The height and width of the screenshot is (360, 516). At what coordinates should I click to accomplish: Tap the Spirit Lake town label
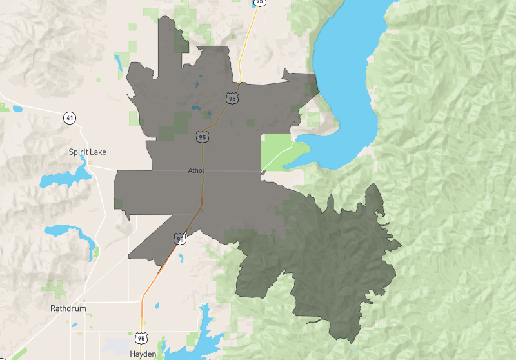coord(87,152)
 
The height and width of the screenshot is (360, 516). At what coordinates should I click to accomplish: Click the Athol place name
coord(195,171)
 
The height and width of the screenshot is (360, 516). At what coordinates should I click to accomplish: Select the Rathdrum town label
coord(68,308)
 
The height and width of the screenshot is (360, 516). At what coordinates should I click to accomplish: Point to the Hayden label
coord(143,354)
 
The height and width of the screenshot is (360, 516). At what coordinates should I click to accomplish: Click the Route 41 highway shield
coord(69,117)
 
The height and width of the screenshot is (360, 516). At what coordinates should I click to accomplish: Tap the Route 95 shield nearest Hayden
coord(141,337)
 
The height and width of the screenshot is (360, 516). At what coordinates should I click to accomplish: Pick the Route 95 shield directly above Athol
coord(203,137)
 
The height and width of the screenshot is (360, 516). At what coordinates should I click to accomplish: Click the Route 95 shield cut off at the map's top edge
coord(259,3)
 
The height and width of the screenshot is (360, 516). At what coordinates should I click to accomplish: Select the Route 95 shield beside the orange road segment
coord(180,239)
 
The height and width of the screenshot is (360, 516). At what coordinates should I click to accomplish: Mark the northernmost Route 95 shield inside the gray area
coord(232,98)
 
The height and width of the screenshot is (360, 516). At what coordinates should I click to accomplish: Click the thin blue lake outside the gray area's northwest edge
coord(118,61)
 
